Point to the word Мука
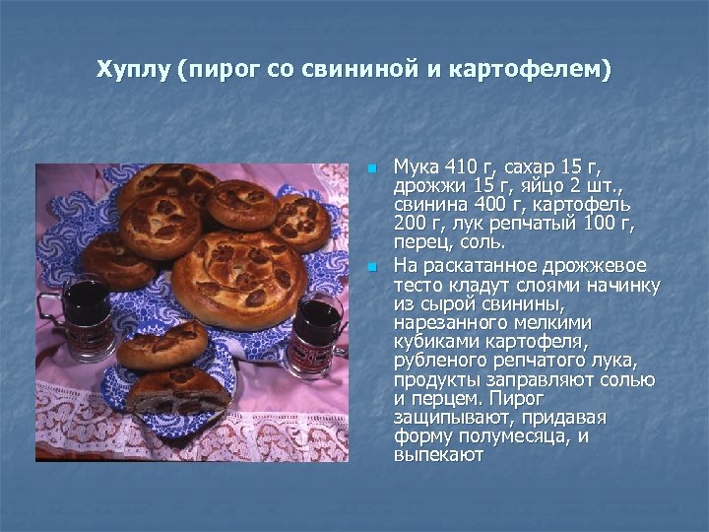[415, 165]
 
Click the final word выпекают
[438, 456]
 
